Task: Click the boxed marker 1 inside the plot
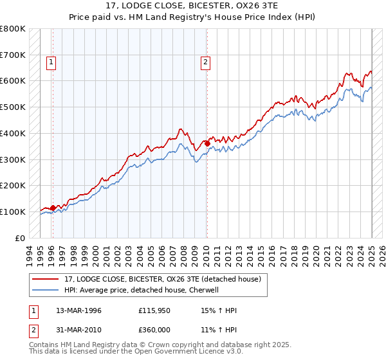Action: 51,62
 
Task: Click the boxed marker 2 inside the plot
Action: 205,62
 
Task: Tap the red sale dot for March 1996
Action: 53,208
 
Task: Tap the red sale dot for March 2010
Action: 207,143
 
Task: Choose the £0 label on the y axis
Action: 20,238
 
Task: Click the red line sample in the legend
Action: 46,280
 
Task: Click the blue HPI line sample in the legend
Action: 46,290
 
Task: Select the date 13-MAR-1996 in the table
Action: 79,310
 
